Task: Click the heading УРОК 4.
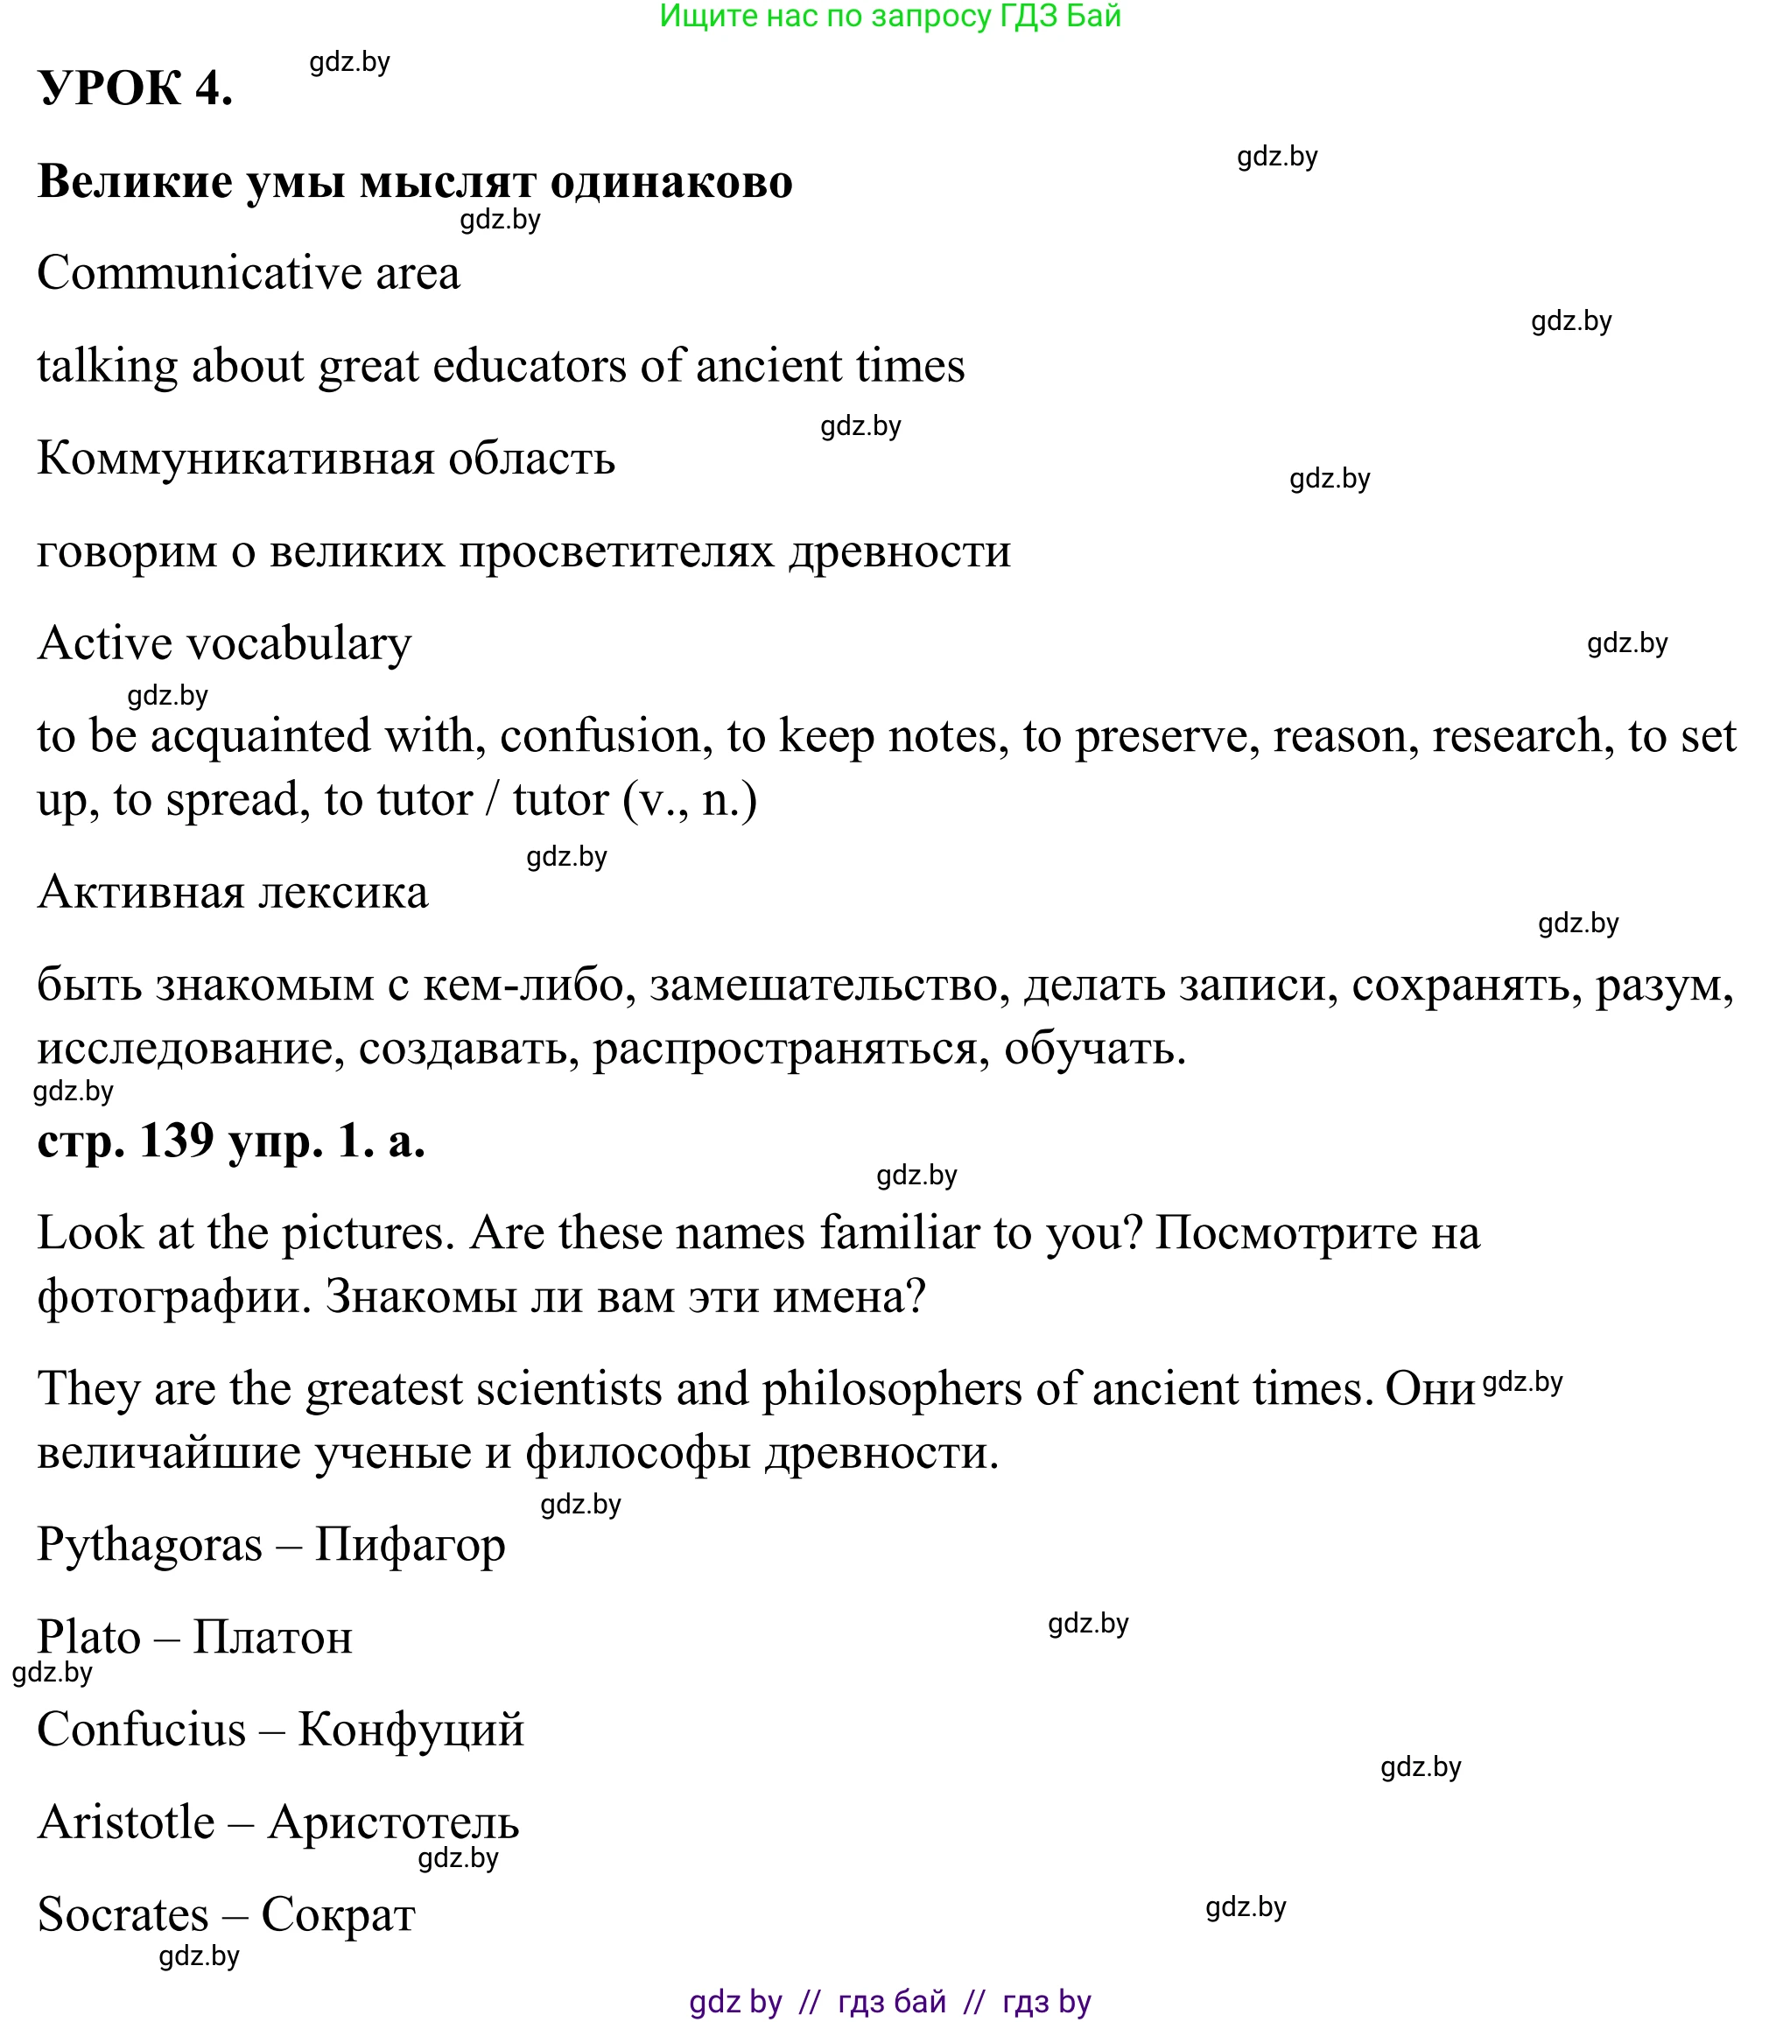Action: (x=136, y=89)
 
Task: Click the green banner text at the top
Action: (x=889, y=16)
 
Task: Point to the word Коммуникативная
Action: (x=235, y=459)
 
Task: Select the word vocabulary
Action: (x=298, y=644)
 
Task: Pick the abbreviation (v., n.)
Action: (x=690, y=800)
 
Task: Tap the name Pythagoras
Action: (x=150, y=1545)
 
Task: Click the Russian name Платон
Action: (x=272, y=1637)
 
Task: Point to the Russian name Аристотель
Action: (x=393, y=1822)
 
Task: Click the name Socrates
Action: (x=123, y=1915)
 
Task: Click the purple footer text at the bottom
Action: (x=889, y=2002)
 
